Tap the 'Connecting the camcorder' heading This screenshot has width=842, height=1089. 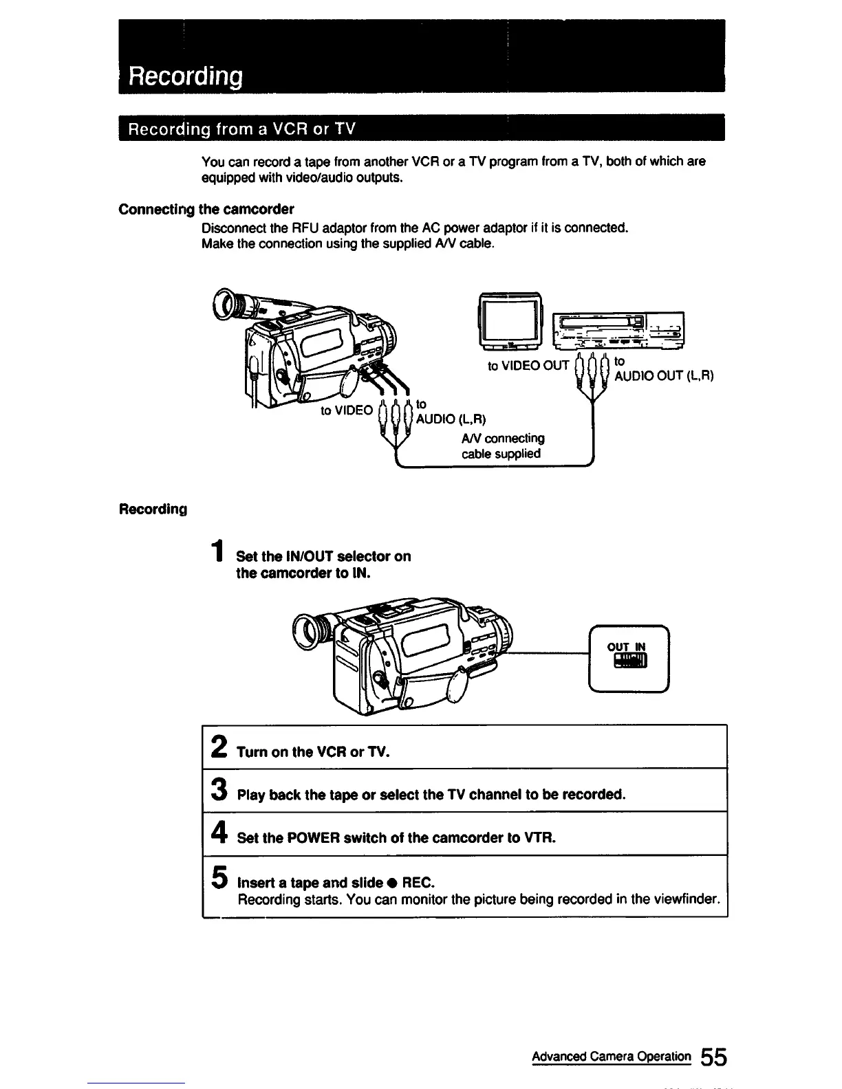coord(206,209)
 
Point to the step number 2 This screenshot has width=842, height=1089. coord(219,747)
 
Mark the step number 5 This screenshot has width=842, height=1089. coord(219,877)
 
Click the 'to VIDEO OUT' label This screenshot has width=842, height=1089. coord(528,366)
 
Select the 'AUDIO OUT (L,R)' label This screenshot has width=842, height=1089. coord(664,376)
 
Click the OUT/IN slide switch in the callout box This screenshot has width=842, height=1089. coord(629,661)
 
